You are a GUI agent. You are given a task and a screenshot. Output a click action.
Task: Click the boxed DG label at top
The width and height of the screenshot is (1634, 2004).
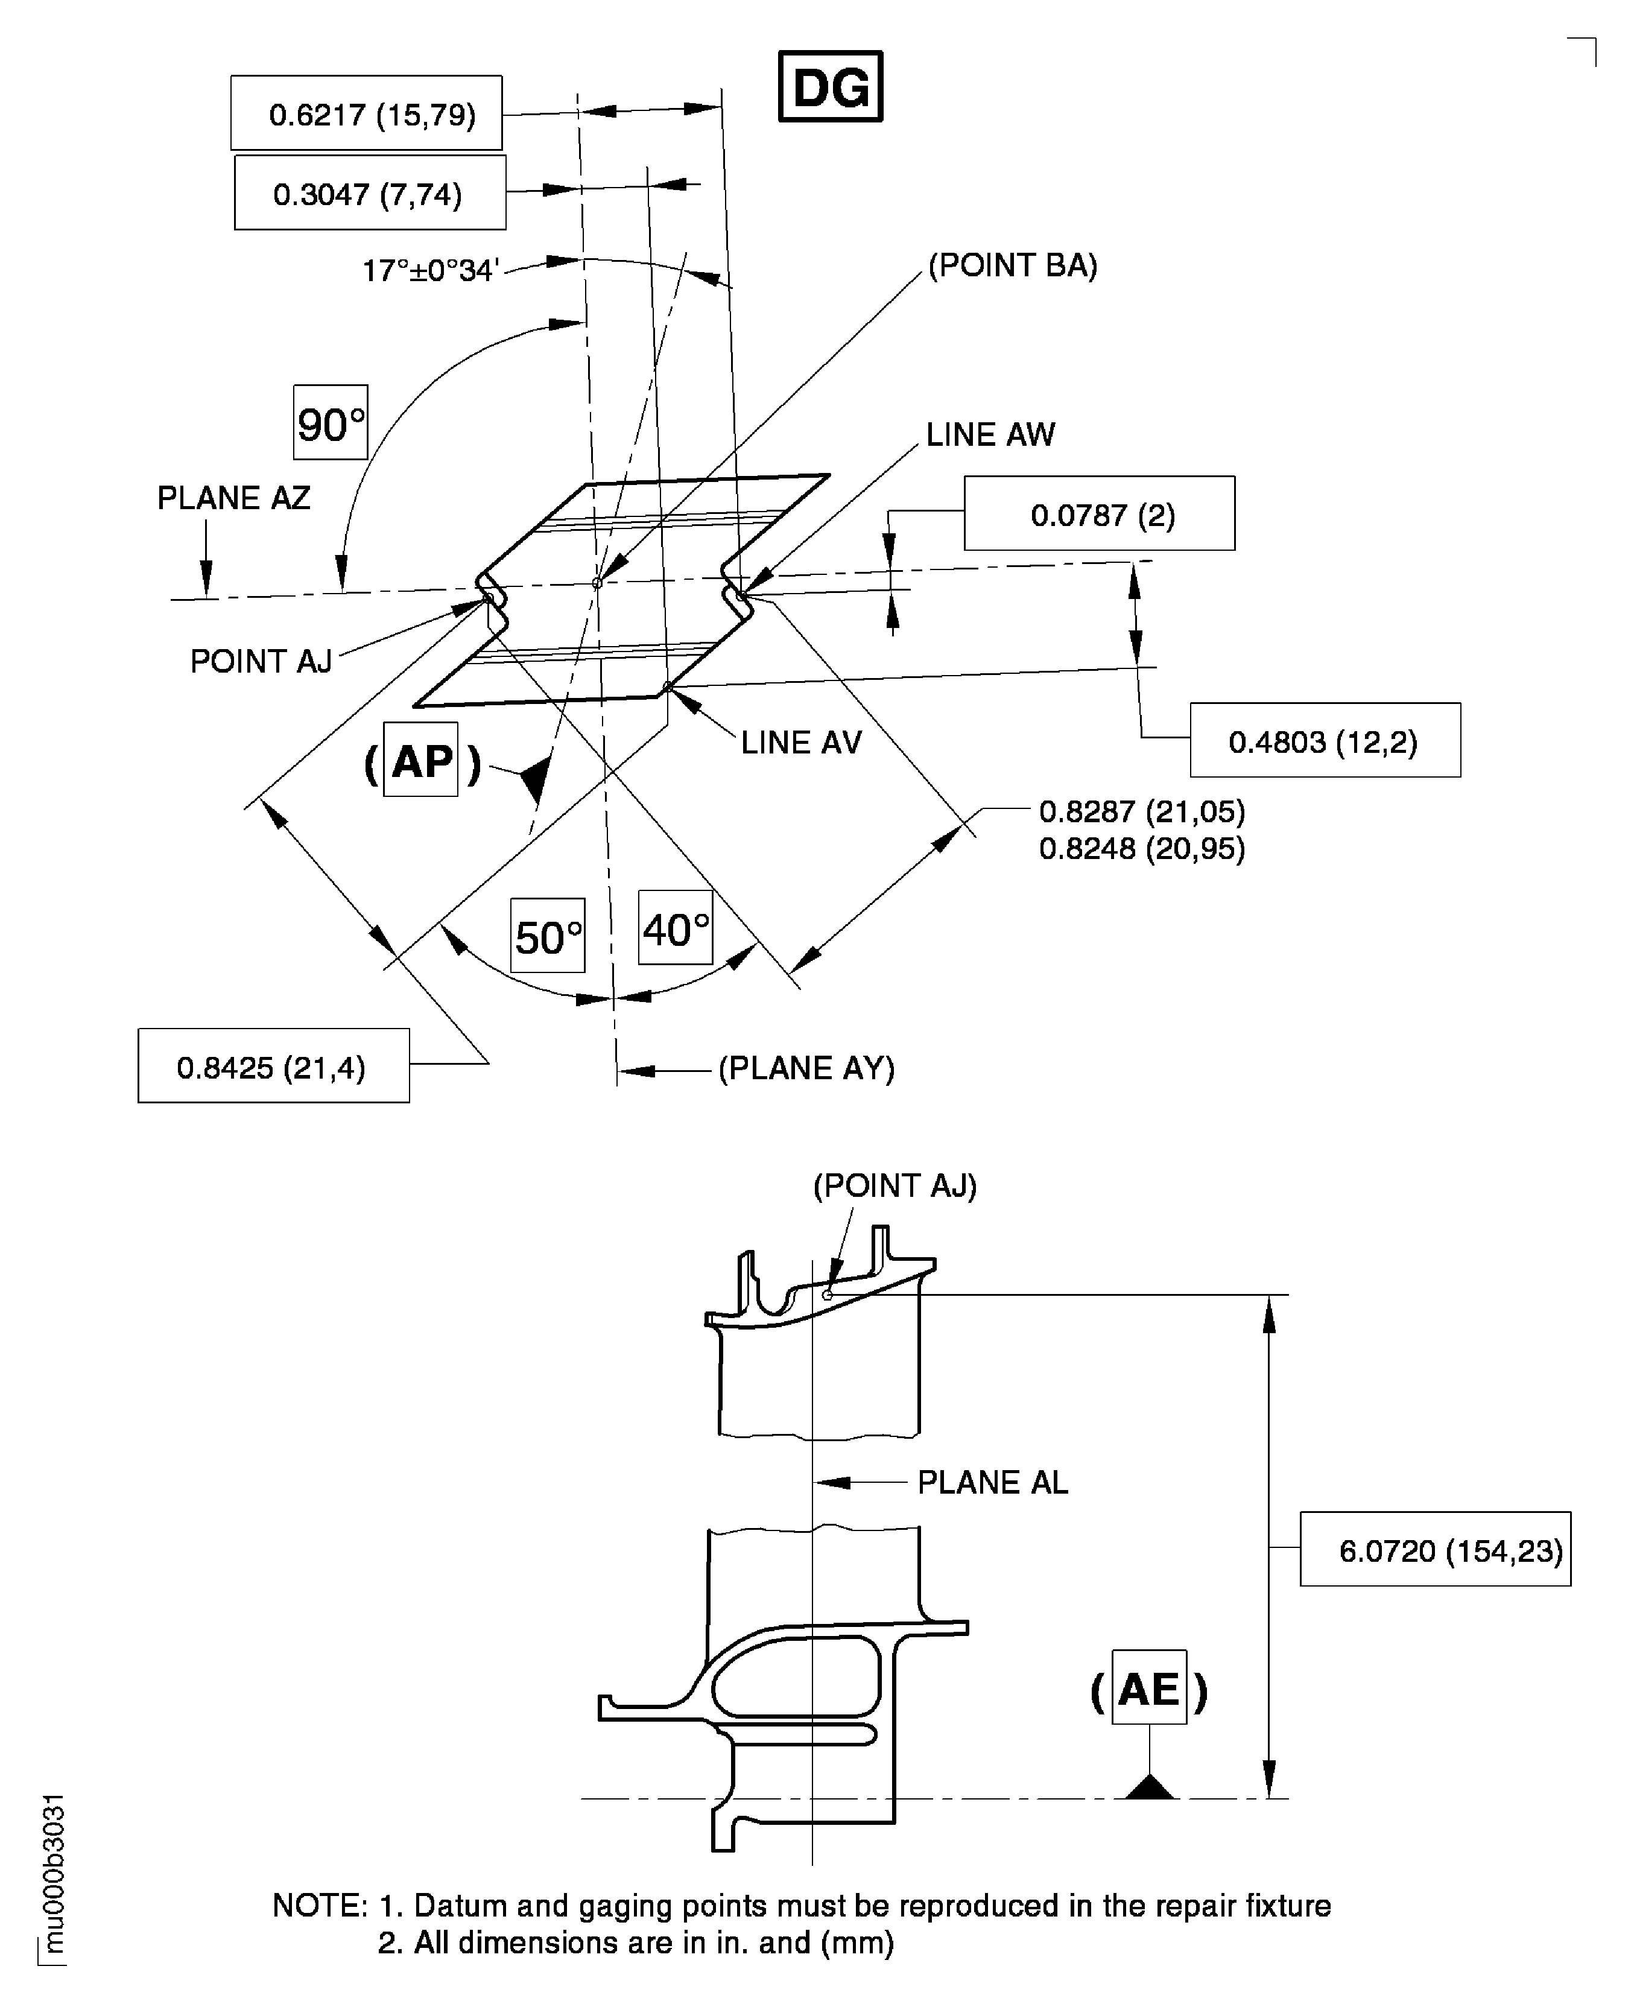(830, 87)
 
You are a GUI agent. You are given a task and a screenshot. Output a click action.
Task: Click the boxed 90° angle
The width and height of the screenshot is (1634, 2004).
(331, 423)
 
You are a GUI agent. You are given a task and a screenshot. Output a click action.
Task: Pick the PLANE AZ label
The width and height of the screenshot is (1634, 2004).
(233, 498)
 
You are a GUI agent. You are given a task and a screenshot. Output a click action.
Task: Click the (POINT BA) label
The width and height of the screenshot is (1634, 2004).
(1013, 267)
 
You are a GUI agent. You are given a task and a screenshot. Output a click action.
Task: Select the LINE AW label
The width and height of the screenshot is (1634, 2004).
(990, 435)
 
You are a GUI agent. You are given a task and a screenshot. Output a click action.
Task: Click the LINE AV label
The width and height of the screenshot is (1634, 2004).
(801, 743)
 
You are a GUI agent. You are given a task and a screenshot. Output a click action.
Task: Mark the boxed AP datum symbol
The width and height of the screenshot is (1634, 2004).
(421, 759)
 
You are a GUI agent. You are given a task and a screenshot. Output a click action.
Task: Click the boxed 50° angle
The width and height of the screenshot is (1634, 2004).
(548, 937)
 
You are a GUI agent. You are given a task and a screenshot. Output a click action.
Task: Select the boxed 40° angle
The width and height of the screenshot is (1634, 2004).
(675, 928)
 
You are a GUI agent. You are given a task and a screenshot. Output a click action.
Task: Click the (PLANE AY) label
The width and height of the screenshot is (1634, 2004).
(806, 1068)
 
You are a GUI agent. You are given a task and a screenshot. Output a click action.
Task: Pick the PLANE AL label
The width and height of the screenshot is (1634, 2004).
(992, 1483)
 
